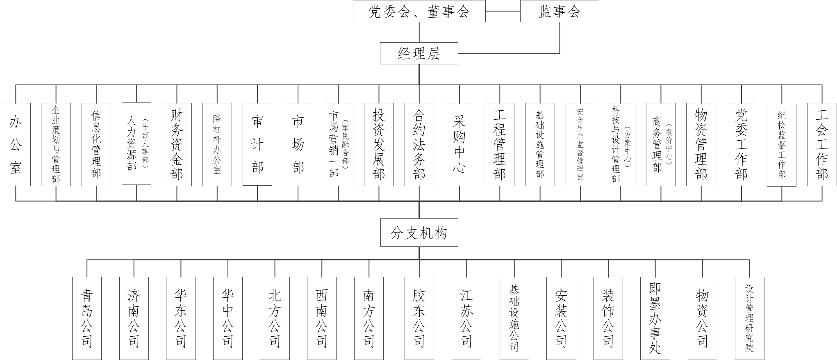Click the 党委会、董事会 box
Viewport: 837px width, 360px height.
tap(419, 11)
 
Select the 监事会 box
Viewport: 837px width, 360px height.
tap(560, 11)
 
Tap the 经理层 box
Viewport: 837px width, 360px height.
tap(419, 53)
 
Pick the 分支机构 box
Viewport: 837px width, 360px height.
tap(419, 233)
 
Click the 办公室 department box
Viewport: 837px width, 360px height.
tap(16, 144)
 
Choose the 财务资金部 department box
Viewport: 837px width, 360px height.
tap(177, 144)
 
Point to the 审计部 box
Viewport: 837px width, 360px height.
tap(257, 144)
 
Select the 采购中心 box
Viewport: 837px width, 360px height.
tap(459, 144)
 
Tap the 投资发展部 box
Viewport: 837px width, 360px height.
tap(379, 144)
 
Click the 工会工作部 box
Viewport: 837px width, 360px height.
tap(822, 144)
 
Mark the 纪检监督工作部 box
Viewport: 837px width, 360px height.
tap(782, 144)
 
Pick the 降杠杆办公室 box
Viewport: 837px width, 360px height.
tap(217, 144)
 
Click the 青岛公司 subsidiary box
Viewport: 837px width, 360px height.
tap(87, 318)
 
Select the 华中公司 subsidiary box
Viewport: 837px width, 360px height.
tap(228, 318)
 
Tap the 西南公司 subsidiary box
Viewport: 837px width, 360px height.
tap(322, 318)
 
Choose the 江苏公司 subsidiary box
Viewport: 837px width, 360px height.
tap(466, 318)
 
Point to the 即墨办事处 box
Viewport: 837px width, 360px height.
tap(655, 318)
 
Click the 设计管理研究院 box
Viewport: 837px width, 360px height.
tap(749, 318)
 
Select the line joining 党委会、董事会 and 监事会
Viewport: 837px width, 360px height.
tap(503, 11)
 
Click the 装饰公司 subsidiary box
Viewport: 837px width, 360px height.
tap(608, 318)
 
